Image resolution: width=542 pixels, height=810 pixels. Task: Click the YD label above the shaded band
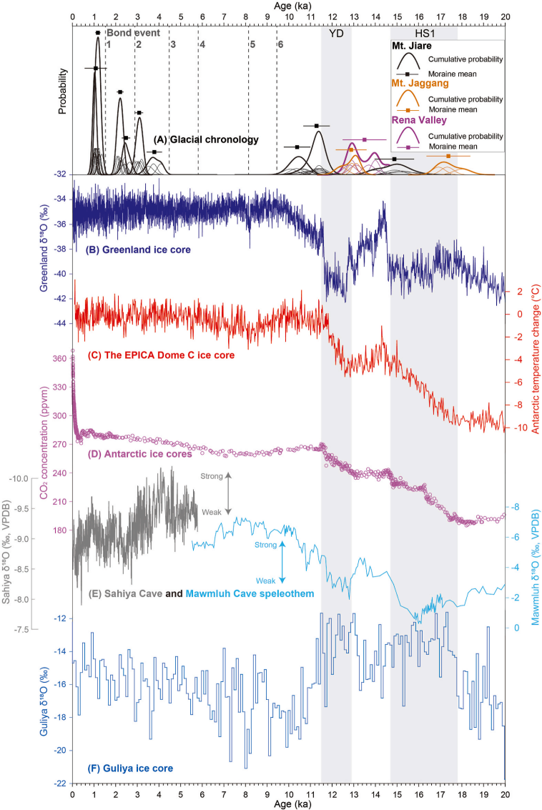coord(336,32)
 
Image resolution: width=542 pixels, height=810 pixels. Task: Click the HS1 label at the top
coord(424,32)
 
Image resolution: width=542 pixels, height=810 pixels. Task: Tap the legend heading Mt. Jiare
coord(408,46)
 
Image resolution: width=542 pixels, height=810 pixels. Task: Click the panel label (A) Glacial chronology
coord(206,139)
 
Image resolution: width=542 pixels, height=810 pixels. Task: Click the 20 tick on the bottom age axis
coord(505,794)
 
